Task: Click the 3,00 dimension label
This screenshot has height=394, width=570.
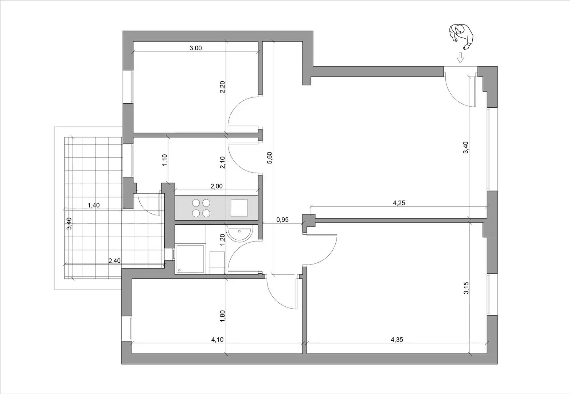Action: click(196, 48)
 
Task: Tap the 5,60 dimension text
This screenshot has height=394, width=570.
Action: click(270, 158)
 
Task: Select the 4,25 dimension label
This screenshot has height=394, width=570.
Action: click(399, 203)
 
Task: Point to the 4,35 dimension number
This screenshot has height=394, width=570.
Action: click(397, 340)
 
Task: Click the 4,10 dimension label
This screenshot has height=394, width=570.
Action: click(217, 340)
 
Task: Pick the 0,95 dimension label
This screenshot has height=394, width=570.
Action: click(282, 220)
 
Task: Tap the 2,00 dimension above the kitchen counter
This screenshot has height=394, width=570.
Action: click(216, 186)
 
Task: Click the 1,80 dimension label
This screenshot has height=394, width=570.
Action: click(222, 316)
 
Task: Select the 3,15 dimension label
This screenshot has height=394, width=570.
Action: click(466, 288)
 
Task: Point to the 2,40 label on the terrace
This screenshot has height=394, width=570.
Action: click(114, 261)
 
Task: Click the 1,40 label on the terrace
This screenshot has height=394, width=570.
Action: click(94, 205)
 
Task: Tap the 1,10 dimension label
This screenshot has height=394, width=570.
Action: click(164, 160)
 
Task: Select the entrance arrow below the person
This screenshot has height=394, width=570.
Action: click(460, 58)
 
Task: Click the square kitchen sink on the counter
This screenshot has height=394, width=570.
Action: click(239, 208)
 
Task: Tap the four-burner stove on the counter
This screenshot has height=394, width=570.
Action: click(201, 208)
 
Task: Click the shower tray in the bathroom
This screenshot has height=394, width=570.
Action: click(190, 259)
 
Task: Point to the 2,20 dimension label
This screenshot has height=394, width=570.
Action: click(222, 87)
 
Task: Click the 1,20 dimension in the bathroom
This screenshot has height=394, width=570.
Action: click(222, 240)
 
